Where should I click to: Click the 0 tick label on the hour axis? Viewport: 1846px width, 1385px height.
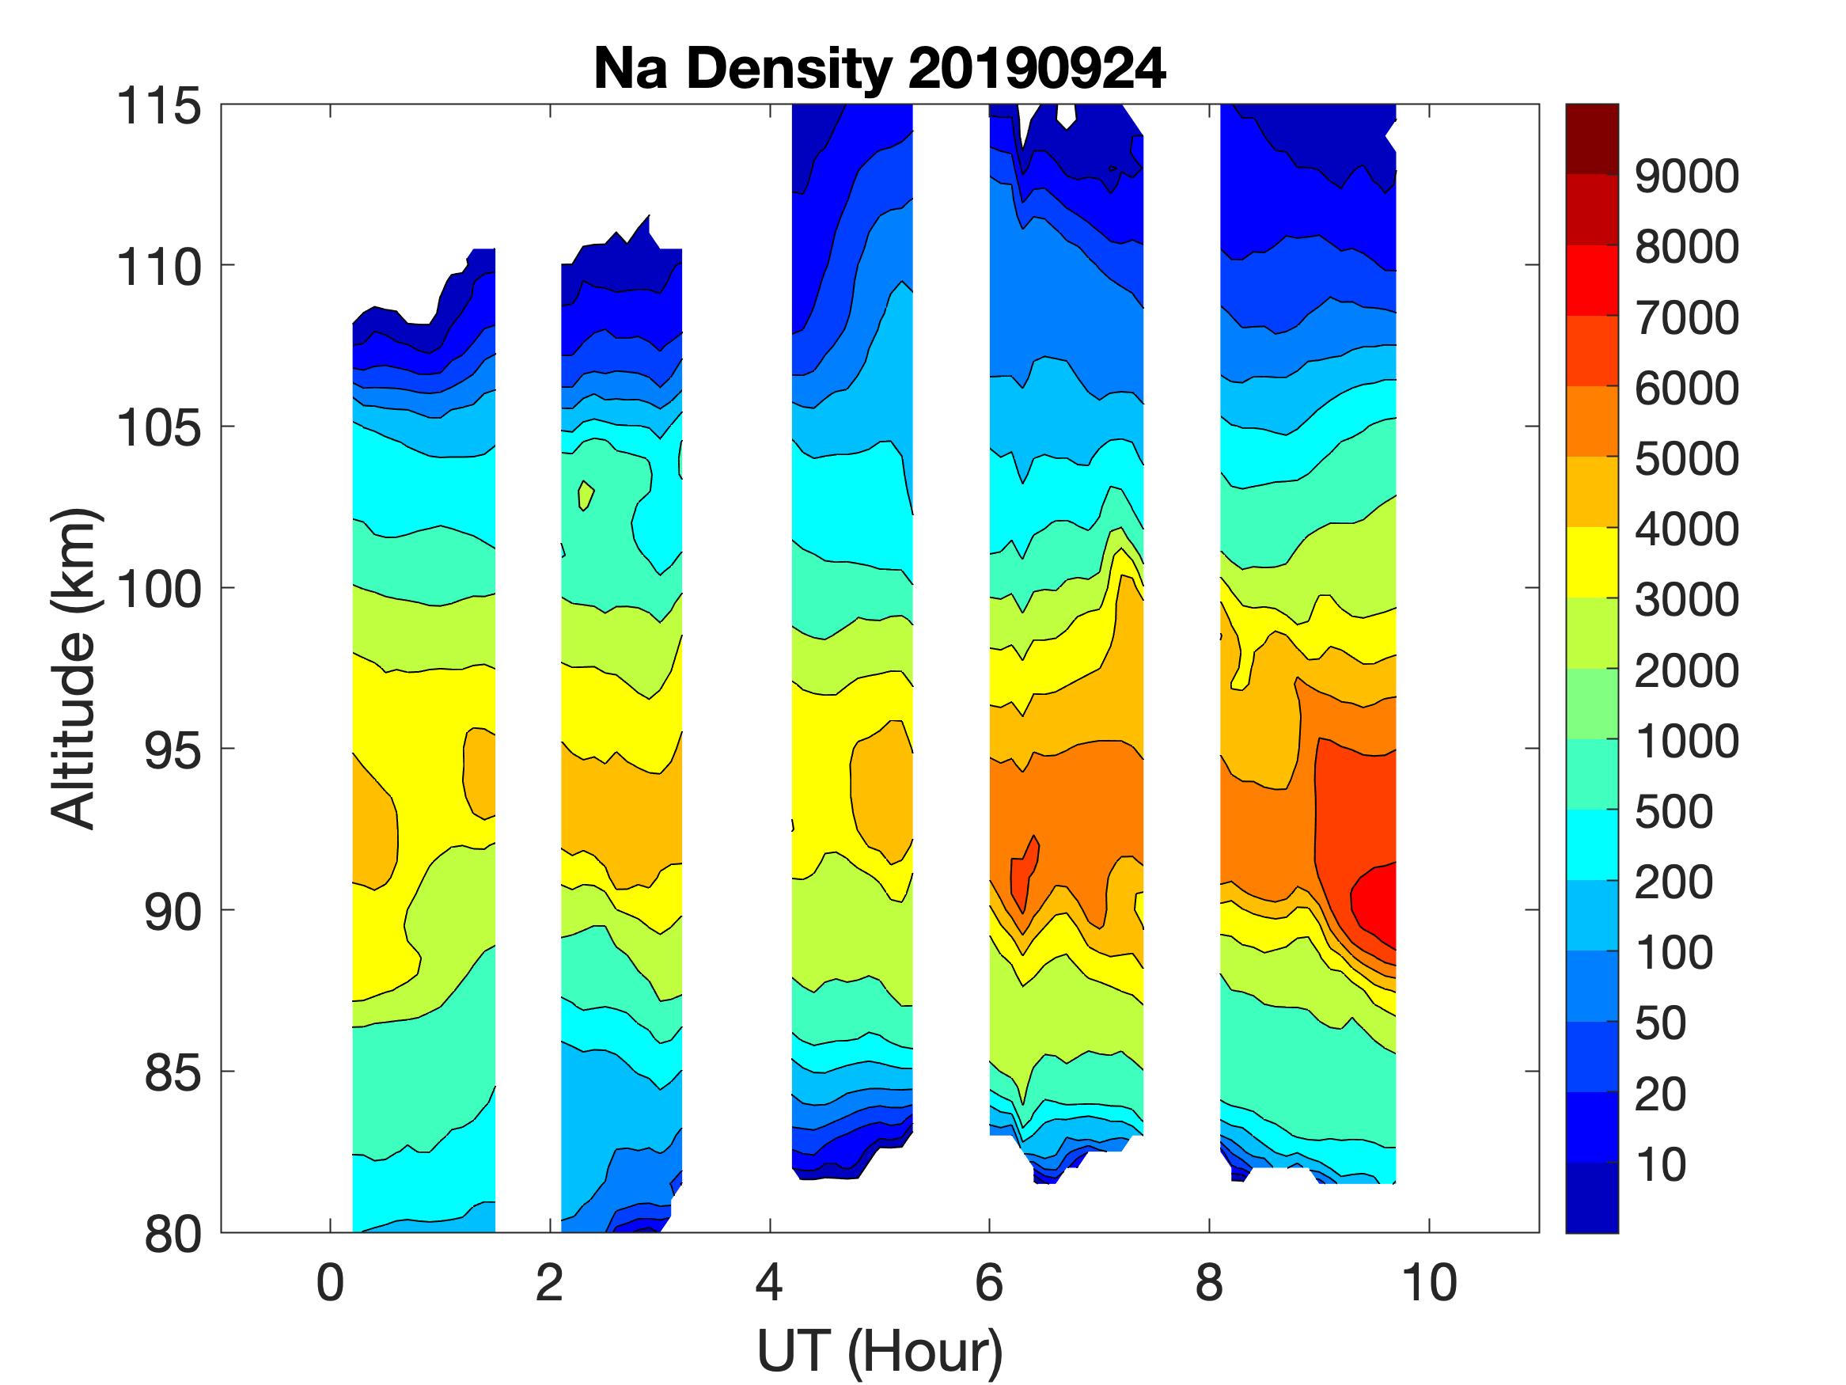(x=331, y=1283)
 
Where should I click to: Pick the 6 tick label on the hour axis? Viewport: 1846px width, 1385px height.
(x=989, y=1283)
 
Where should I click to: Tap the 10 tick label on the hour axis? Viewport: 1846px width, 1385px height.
(x=1430, y=1283)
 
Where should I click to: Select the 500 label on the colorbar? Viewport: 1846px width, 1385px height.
(x=1674, y=811)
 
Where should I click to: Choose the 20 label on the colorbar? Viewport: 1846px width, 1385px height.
(x=1660, y=1094)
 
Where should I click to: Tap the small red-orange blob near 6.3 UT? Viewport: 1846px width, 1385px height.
(x=1025, y=872)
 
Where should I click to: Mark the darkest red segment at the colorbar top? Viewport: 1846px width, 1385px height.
(x=1591, y=138)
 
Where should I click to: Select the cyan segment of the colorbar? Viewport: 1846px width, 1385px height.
(x=1591, y=845)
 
